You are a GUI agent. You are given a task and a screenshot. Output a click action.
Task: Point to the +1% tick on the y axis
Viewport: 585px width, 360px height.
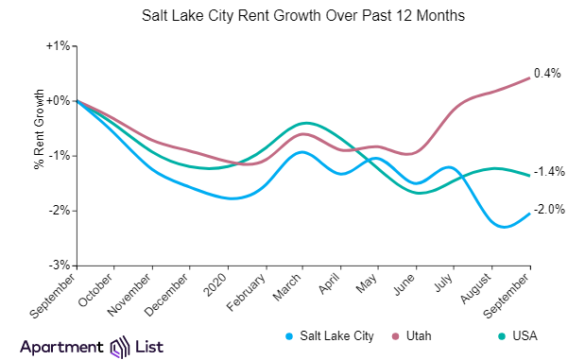coord(58,45)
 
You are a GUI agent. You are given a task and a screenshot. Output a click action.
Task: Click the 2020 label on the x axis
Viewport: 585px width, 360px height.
coord(216,283)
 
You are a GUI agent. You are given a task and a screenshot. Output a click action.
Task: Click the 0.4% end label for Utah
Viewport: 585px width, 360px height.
coord(547,73)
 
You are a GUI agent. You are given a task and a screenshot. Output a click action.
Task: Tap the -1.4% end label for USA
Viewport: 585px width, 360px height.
coord(549,171)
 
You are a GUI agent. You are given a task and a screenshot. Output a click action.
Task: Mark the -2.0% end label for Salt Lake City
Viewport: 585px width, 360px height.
coord(549,210)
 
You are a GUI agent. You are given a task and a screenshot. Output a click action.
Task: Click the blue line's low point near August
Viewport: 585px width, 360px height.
coord(502,228)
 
